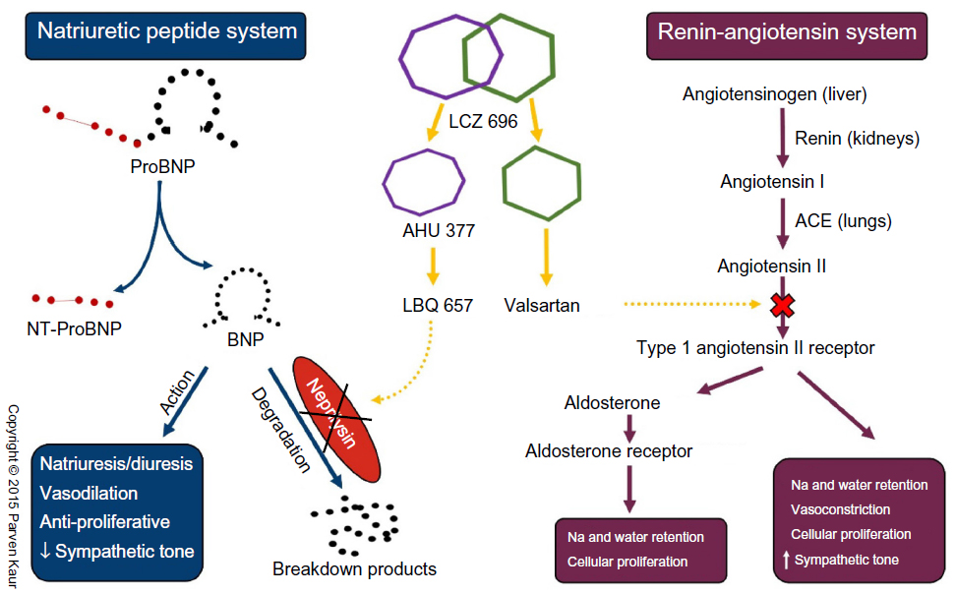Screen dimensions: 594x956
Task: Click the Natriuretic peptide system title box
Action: pos(166,32)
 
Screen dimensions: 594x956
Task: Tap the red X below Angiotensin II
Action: pos(782,304)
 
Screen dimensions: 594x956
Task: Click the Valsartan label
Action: pos(541,305)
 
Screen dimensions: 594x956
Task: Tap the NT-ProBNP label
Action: pos(75,328)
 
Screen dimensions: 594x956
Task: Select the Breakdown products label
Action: pos(354,568)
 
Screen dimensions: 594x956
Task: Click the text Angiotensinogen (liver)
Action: pos(775,94)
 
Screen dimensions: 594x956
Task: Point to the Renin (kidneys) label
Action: pos(857,139)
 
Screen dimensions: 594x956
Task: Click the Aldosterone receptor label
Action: pos(609,451)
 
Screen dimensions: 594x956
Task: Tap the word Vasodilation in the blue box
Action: pos(90,493)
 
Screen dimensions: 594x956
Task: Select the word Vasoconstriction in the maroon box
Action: pos(840,509)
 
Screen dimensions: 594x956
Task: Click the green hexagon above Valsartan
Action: pos(539,184)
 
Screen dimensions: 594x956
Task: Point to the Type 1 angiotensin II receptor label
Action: pos(755,347)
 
